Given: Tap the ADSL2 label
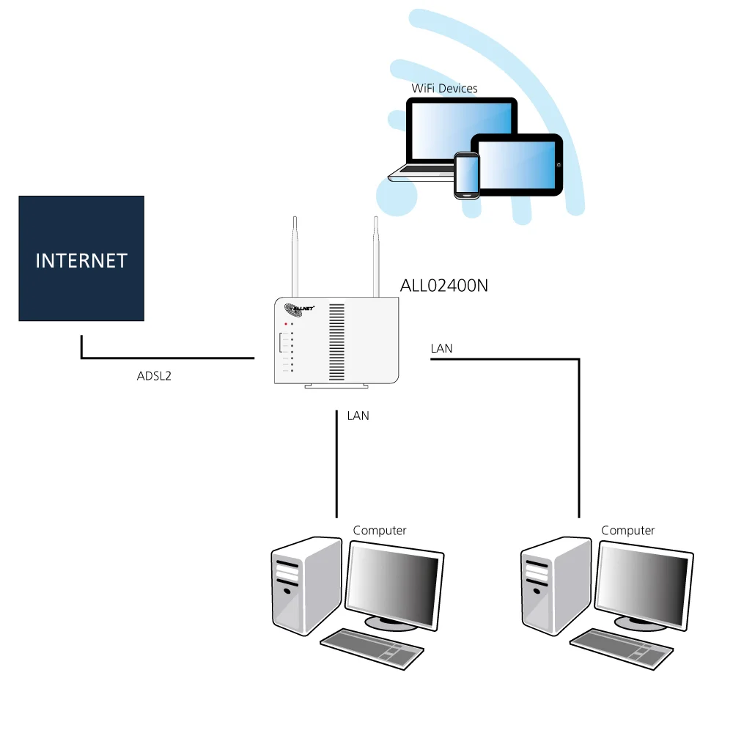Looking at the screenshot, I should click(x=154, y=377).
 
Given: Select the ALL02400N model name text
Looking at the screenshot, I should click(x=443, y=286).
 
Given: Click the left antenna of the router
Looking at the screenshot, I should click(x=295, y=257).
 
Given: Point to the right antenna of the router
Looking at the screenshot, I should click(x=375, y=257).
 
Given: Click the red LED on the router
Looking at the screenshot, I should click(x=286, y=323).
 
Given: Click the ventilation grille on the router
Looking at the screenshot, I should click(x=336, y=338).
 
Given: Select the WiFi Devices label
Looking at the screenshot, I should click(x=444, y=89).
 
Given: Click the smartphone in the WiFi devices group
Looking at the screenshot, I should click(x=466, y=174).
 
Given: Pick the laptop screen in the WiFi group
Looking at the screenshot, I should click(x=458, y=132).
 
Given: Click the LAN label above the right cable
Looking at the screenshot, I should click(x=441, y=349).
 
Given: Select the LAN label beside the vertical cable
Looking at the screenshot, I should click(x=358, y=416).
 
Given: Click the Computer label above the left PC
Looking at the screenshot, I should click(x=379, y=530).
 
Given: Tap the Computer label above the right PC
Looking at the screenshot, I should click(x=627, y=530).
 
